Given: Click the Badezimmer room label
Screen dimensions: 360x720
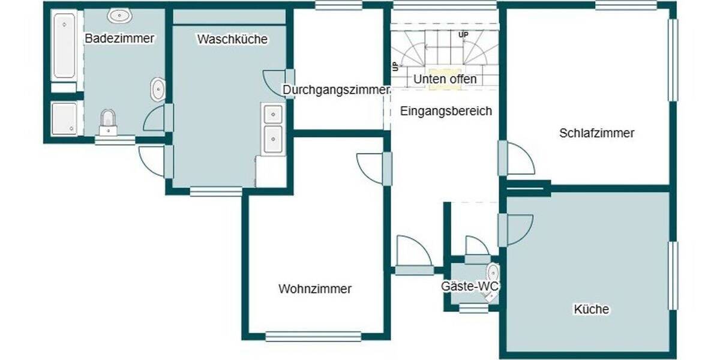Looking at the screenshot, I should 119,39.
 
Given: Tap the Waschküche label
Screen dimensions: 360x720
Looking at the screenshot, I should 232,40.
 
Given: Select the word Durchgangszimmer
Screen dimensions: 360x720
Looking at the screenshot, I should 337,90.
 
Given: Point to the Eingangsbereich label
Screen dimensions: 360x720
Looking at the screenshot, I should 446,111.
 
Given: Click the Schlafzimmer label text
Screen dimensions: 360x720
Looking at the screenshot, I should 596,133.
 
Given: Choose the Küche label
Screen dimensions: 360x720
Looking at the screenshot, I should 591,310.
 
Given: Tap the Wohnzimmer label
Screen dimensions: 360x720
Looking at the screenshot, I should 315,289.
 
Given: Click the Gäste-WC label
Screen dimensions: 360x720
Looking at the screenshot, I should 470,287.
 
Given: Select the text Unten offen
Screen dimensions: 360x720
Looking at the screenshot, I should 445,79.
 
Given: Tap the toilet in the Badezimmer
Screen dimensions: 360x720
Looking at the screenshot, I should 108,122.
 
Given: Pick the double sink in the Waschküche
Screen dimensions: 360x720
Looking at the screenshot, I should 273,129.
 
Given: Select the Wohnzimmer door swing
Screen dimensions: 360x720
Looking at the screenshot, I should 371,167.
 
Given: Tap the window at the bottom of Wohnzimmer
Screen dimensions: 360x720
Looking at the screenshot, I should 313,336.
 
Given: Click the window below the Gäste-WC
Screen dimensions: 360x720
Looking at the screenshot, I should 473,309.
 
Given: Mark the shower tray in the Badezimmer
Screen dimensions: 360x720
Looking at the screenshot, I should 64,118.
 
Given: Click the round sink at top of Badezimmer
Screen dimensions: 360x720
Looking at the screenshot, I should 116,16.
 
